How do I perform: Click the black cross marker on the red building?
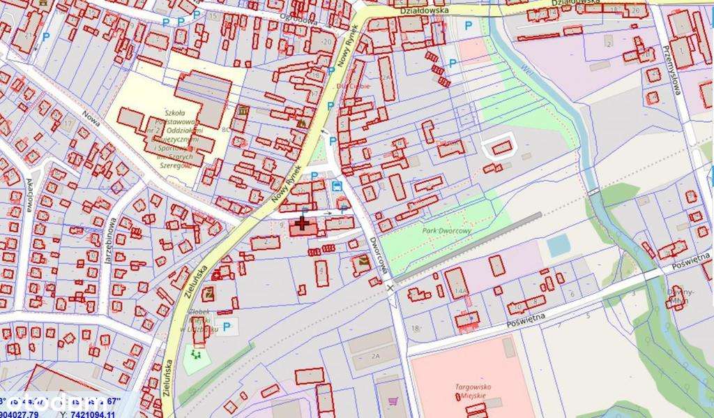[303, 223]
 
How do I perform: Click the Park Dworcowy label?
[447, 229]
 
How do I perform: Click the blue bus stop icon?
[337, 186]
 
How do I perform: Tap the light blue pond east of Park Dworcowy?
[557, 245]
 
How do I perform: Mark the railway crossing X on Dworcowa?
[390, 288]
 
